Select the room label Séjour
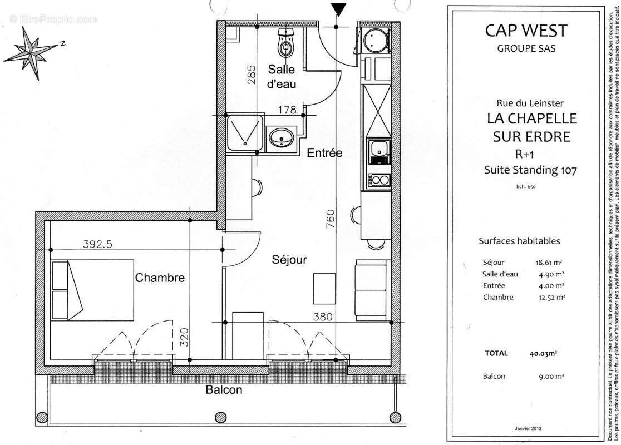(289, 260)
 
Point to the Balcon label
(224, 406)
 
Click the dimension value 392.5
(98, 244)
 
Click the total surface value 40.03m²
(544, 353)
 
